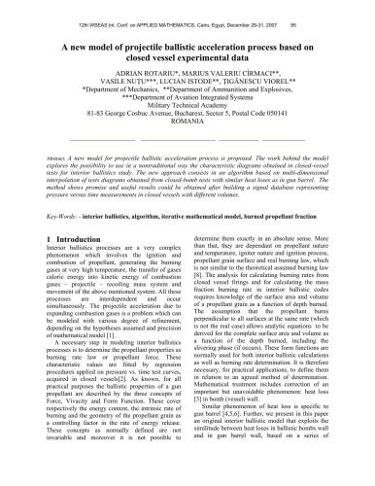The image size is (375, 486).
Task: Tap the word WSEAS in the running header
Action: (x=100, y=9)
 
